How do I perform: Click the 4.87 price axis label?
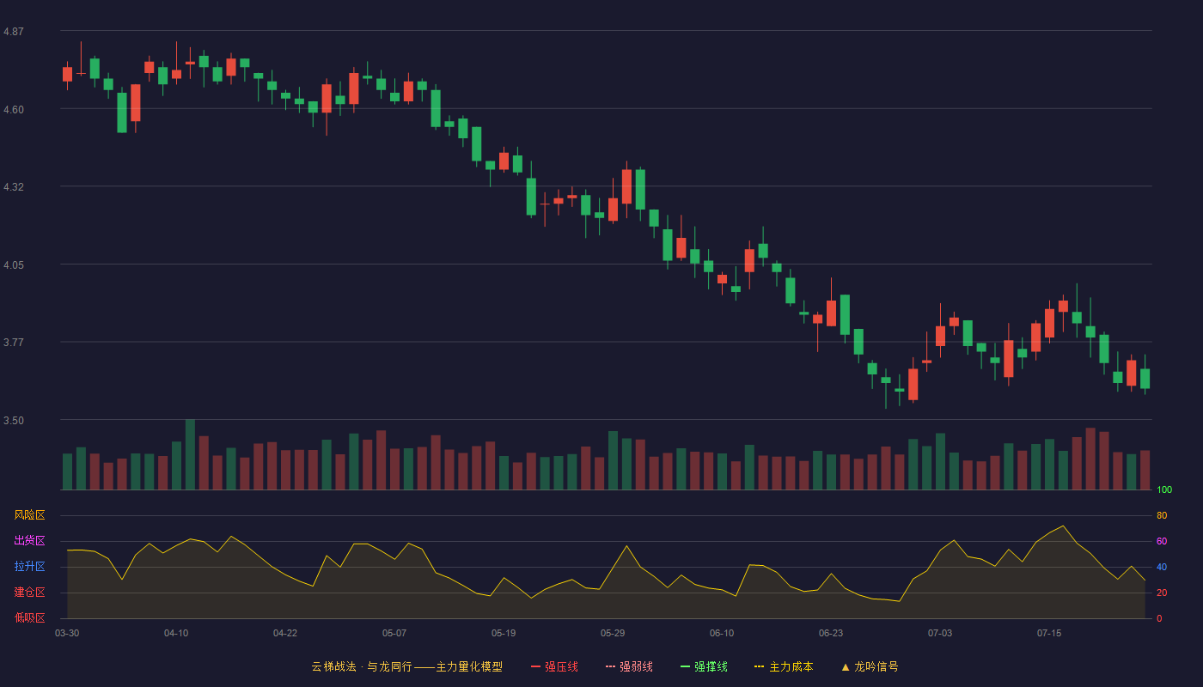coord(14,32)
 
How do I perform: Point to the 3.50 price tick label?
coord(14,421)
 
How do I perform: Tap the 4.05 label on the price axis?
coord(14,265)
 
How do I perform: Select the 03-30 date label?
coord(67,634)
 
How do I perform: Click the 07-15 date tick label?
coord(1049,634)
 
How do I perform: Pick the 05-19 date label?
coord(504,634)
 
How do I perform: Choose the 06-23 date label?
coord(831,634)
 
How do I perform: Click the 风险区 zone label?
coord(29,515)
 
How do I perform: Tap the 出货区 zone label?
coord(29,540)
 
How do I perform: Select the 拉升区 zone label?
coord(29,566)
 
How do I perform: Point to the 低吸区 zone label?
coord(29,617)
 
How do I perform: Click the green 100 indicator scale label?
coord(1164,489)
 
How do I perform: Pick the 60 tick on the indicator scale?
coord(1162,541)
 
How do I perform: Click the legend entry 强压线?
coord(554,666)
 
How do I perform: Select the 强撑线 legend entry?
coord(704,666)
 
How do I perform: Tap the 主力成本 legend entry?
coord(784,666)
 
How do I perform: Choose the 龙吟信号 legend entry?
coord(870,666)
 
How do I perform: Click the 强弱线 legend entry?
coord(629,666)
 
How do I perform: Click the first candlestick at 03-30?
coord(67,74)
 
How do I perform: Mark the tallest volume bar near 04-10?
coord(190,454)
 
